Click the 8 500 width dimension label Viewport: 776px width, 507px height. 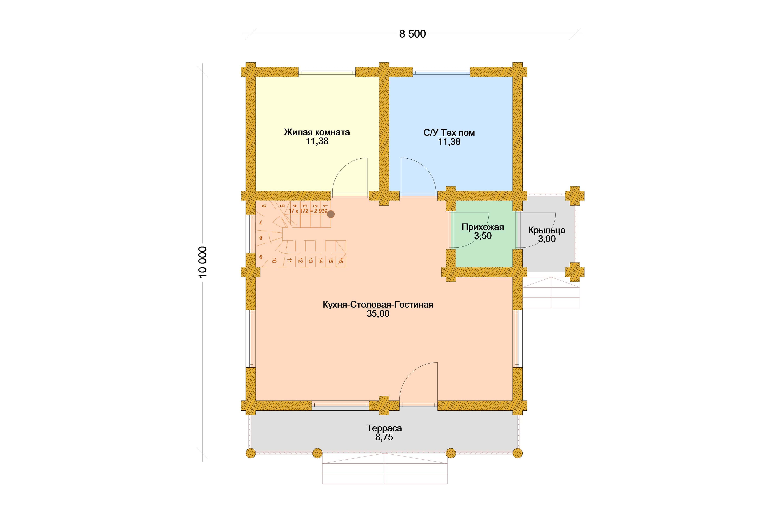coord(412,34)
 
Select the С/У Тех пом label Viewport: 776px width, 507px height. coord(449,133)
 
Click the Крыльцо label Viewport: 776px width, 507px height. coord(547,230)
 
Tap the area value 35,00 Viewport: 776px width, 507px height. coord(378,314)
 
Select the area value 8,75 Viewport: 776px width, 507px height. coord(384,437)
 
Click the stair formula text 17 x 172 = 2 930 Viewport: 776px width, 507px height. coord(308,211)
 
